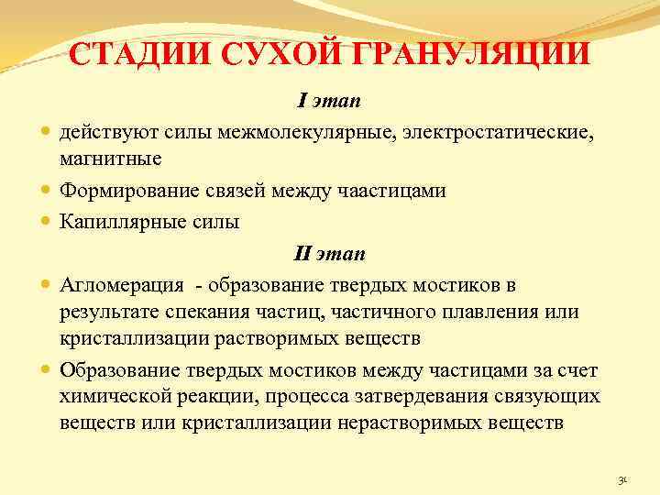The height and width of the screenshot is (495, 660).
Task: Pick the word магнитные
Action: pos(110,159)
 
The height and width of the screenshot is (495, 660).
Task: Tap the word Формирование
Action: pos(126,191)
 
